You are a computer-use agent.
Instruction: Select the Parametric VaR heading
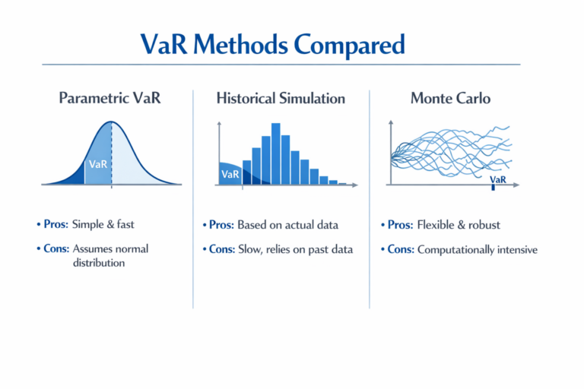pos(111,98)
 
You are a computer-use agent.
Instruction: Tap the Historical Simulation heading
pos(281,98)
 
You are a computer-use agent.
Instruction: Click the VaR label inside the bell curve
pos(98,164)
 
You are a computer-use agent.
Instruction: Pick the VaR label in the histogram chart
pos(230,175)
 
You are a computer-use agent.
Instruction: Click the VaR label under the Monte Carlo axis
pos(498,179)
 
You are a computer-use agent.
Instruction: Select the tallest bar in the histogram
pos(275,153)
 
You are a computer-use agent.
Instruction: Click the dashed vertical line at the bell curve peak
pos(112,152)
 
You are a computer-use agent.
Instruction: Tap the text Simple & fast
pos(104,225)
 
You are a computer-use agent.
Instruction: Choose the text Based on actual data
pos(287,225)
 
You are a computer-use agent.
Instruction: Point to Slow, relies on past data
pos(295,248)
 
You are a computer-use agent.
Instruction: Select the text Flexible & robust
pos(459,225)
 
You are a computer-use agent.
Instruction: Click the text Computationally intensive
pos(477,249)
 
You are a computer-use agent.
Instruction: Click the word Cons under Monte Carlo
pos(400,249)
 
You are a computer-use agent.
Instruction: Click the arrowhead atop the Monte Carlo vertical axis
pos(389,122)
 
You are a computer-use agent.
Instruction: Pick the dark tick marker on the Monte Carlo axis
pos(493,186)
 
